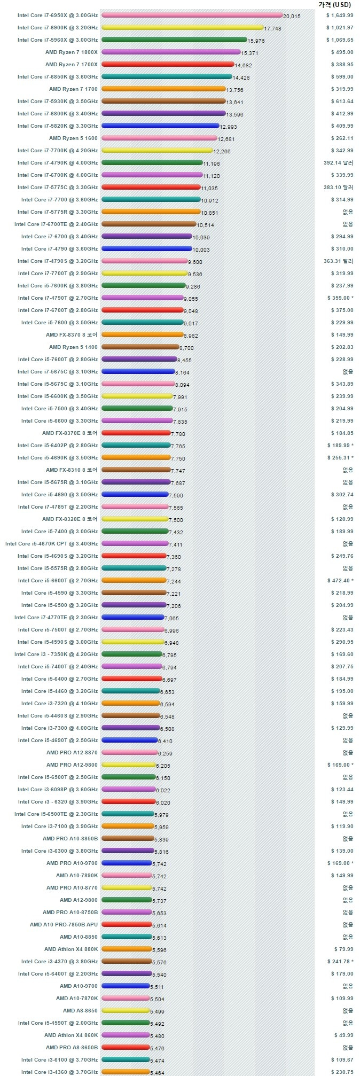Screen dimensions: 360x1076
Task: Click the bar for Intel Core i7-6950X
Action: point(192,15)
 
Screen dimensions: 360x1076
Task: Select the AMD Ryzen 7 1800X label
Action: point(72,52)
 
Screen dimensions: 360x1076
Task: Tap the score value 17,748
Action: point(272,29)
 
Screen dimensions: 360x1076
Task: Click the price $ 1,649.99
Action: point(340,15)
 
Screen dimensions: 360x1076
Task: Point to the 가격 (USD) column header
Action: point(335,4)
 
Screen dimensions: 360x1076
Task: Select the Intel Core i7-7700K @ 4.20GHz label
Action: point(58,151)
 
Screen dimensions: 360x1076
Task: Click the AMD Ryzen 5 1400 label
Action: point(73,347)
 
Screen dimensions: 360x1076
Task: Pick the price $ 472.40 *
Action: point(340,581)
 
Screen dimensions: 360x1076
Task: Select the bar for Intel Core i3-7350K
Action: point(131,654)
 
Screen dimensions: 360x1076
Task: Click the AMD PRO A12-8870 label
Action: point(72,753)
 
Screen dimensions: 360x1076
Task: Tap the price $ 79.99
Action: point(343,949)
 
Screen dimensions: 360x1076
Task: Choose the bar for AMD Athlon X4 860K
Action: point(126,1035)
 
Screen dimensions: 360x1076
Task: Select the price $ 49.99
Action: point(343,1035)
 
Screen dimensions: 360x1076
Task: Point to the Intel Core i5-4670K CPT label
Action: point(51,544)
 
